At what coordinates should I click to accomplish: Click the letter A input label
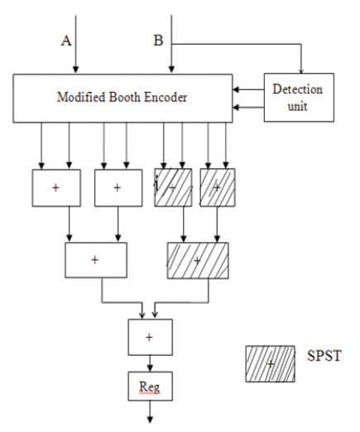click(x=66, y=41)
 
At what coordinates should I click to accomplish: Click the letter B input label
click(x=158, y=41)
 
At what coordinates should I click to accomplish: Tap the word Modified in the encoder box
click(x=81, y=97)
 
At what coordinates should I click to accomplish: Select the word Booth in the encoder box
click(x=125, y=97)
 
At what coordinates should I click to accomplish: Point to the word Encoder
click(x=166, y=98)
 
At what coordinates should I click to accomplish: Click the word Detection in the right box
click(x=298, y=89)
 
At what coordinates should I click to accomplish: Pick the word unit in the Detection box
click(x=298, y=107)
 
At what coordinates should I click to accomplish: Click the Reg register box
click(x=151, y=386)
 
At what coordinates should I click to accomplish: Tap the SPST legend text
click(x=324, y=356)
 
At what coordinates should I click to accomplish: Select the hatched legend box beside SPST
click(x=271, y=364)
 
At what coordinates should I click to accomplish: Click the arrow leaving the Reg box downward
click(x=150, y=411)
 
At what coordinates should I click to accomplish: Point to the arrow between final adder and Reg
click(x=150, y=363)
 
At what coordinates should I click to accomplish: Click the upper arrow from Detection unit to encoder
click(x=248, y=89)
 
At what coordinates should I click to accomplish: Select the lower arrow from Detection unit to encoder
click(x=248, y=108)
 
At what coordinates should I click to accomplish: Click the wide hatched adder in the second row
click(x=198, y=261)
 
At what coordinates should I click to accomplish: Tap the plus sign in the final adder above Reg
click(x=149, y=337)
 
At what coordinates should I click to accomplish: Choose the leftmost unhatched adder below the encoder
click(x=56, y=188)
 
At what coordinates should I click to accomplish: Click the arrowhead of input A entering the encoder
click(x=75, y=70)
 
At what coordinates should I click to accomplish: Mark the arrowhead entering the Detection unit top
click(x=301, y=70)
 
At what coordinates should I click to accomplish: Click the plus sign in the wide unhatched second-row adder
click(x=95, y=260)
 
